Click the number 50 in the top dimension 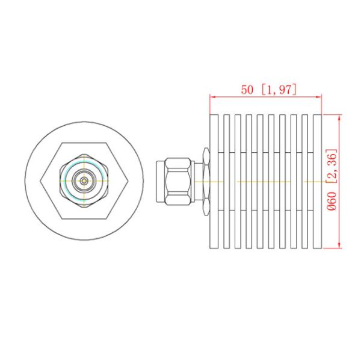247,90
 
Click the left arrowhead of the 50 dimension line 212,96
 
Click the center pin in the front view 84,180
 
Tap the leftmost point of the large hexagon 40,180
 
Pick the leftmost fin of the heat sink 215,180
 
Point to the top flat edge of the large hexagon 84,143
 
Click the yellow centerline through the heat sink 265,181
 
